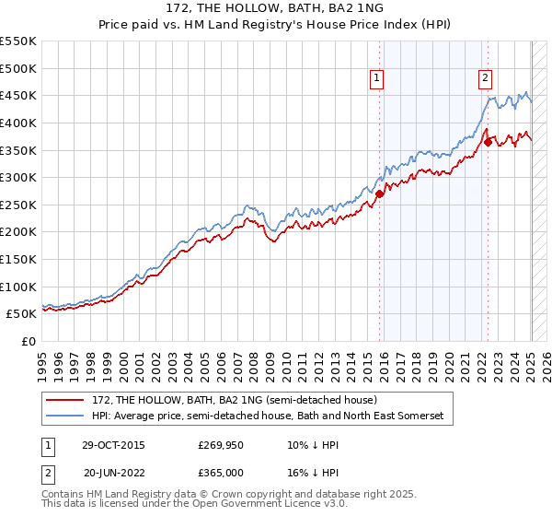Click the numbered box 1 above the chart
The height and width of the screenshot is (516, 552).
pyautogui.click(x=378, y=79)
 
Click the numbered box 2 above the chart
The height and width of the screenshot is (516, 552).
pyautogui.click(x=485, y=79)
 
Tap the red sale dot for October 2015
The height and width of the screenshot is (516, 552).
pyautogui.click(x=379, y=193)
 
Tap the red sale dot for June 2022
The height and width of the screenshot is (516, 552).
pyautogui.click(x=488, y=142)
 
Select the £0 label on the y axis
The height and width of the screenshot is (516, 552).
pyautogui.click(x=29, y=342)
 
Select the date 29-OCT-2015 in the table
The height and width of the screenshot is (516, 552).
pyautogui.click(x=112, y=445)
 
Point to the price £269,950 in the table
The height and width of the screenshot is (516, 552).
pyautogui.click(x=220, y=445)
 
